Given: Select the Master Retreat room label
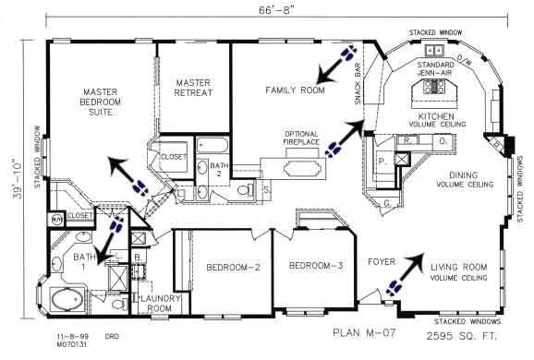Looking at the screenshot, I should click(194, 87).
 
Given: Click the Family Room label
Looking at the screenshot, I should click(295, 90).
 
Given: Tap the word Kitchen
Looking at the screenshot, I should click(438, 116).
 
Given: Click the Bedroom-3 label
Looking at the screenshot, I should click(315, 266).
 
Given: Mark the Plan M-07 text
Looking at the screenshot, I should click(362, 331).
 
